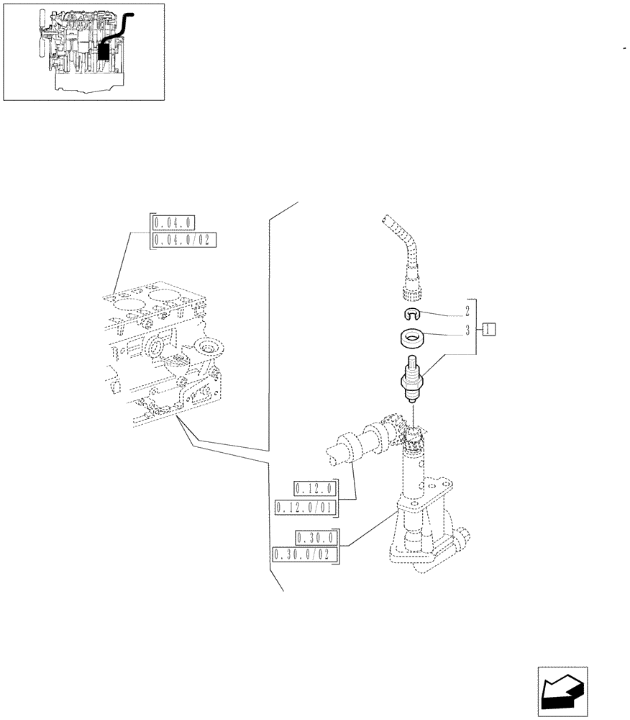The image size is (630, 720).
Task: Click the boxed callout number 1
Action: coord(490,330)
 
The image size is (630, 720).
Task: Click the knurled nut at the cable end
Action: coord(414,290)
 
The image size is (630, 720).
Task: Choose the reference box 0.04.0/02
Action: coord(185,240)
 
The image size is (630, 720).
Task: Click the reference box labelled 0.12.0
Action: coord(315,490)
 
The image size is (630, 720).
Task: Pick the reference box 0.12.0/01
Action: coord(306,508)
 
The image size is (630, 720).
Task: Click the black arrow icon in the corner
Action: coord(562,692)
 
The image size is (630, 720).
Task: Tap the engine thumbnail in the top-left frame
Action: coord(83,51)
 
